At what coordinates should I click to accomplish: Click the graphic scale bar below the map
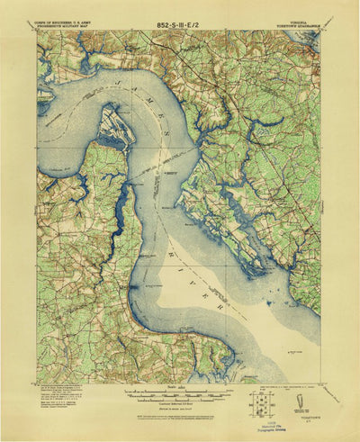click(x=180, y=393)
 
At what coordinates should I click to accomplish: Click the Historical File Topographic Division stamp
click(x=267, y=424)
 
